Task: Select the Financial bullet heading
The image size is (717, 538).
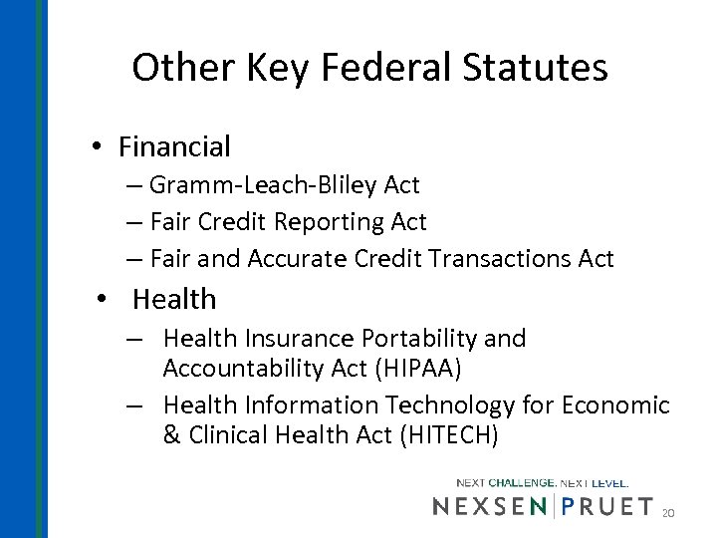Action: point(174,147)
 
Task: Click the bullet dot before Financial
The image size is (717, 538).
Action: point(95,147)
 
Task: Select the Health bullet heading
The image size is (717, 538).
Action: point(173,298)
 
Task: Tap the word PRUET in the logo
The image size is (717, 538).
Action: point(606,507)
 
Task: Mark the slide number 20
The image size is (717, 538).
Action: point(669,512)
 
